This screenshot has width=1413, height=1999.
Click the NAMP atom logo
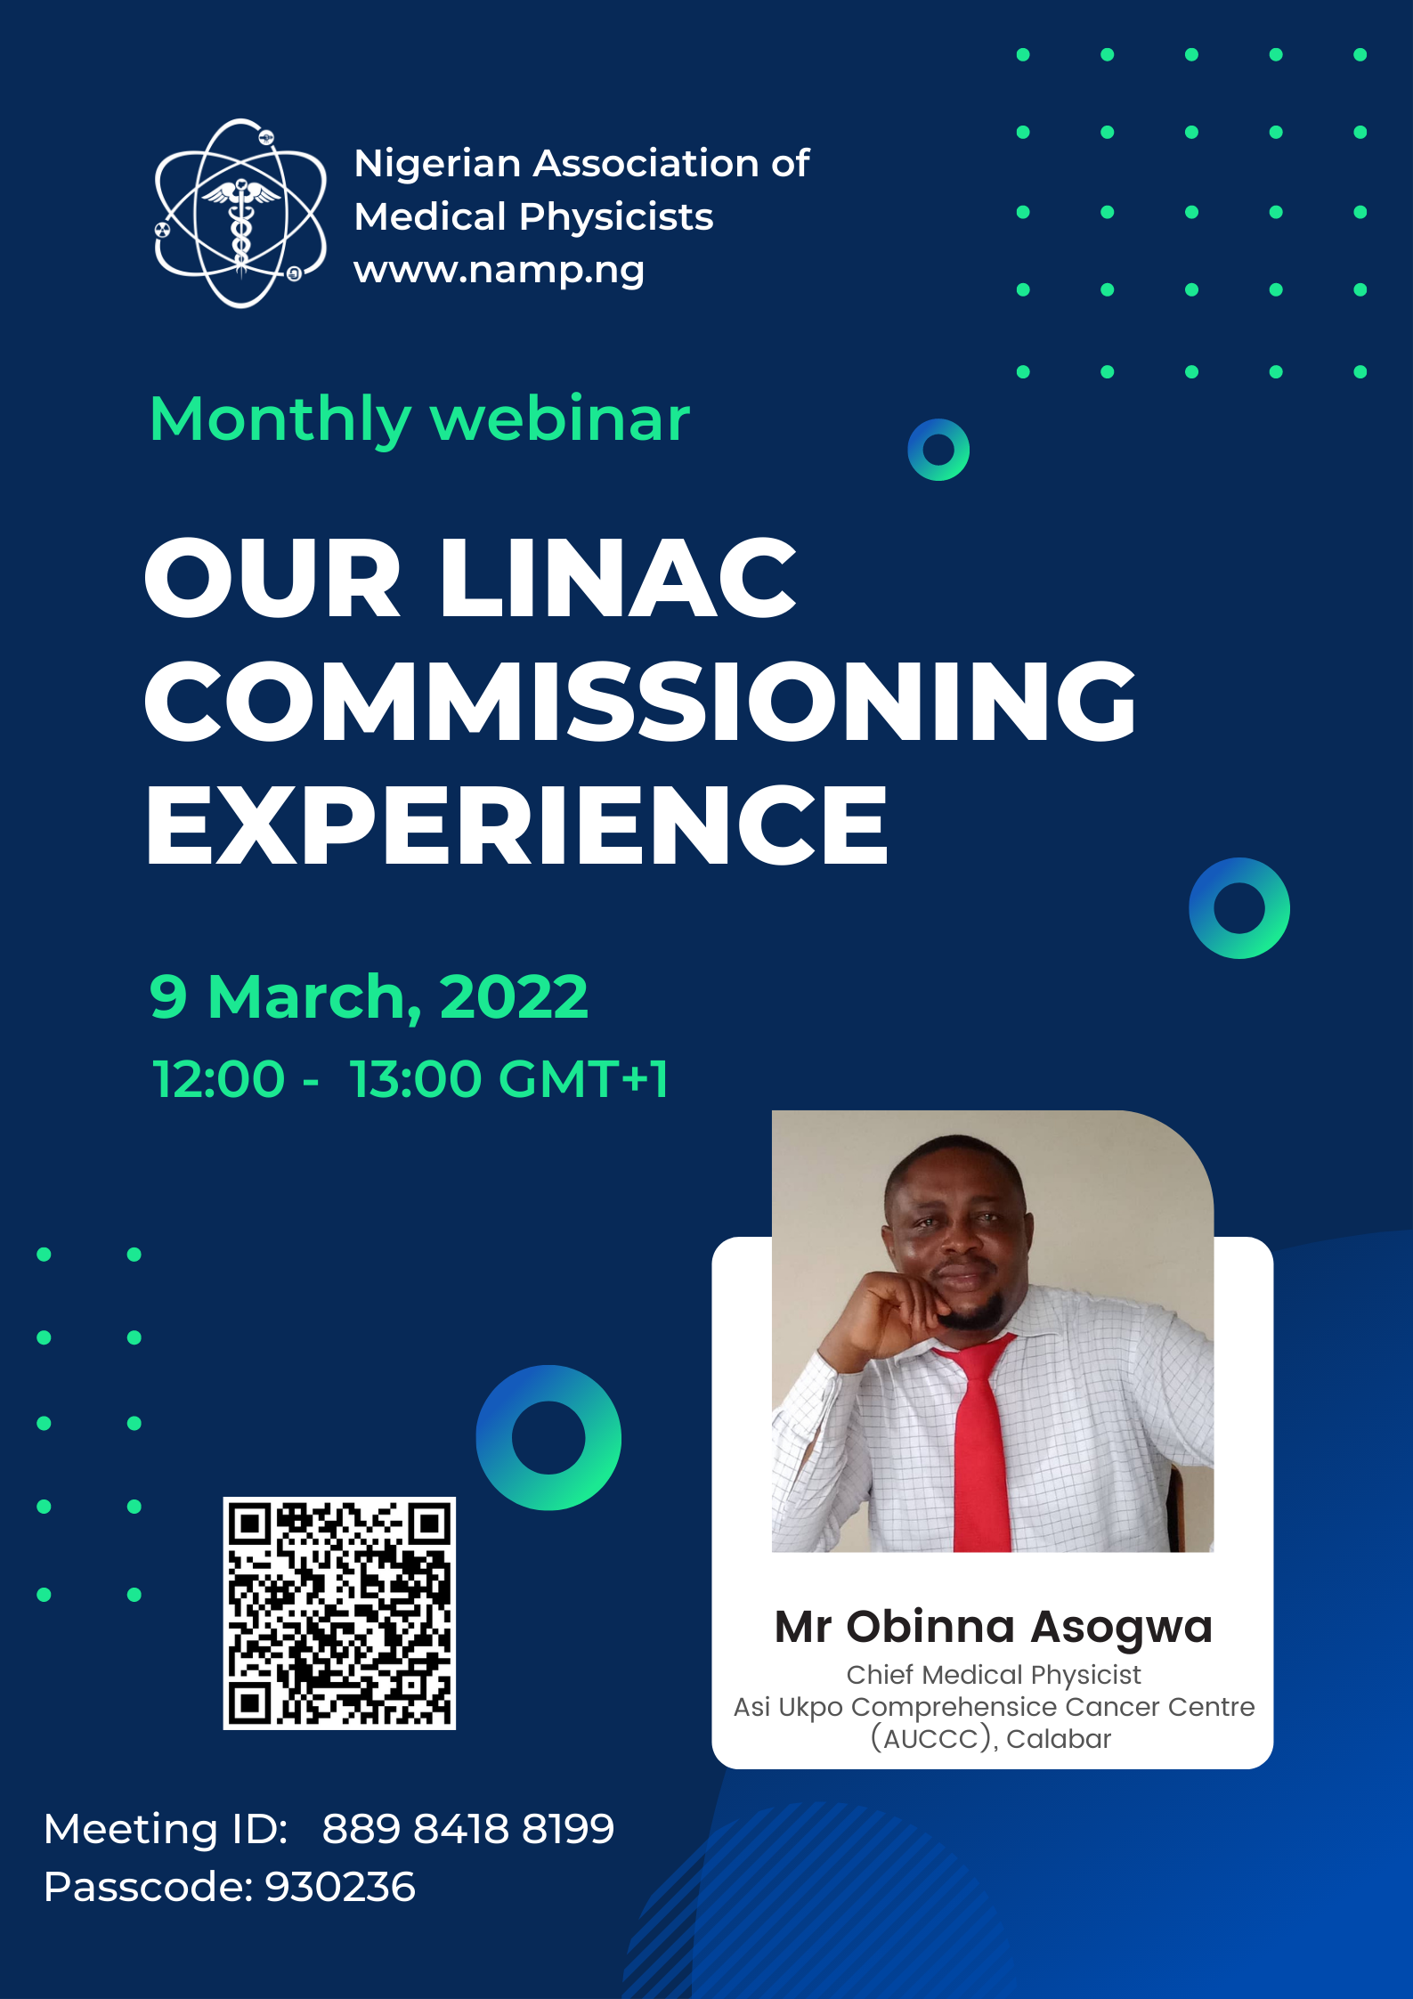pos(240,214)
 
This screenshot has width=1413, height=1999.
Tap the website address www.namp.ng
pos(499,270)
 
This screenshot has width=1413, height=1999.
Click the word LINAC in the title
pos(617,579)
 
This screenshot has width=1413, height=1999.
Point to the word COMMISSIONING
pos(639,702)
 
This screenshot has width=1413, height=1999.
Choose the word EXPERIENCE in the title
pos(516,825)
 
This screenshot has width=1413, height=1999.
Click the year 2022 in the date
pos(514,996)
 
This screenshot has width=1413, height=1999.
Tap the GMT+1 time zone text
pos(583,1079)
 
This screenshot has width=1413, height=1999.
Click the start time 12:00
pos(218,1079)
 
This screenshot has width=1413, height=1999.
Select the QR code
pos(339,1613)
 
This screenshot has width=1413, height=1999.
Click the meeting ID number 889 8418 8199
pos(467,1829)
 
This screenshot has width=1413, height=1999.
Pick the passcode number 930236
pos(340,1887)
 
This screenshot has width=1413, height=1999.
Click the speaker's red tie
pos(982,1442)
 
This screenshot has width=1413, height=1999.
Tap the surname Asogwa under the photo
pos(1121,1627)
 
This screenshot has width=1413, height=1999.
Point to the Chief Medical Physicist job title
pos(993,1675)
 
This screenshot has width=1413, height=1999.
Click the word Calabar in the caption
pos(1059,1739)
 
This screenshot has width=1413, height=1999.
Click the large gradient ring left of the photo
pos(548,1437)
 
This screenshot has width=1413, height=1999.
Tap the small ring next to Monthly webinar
pos(938,450)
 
